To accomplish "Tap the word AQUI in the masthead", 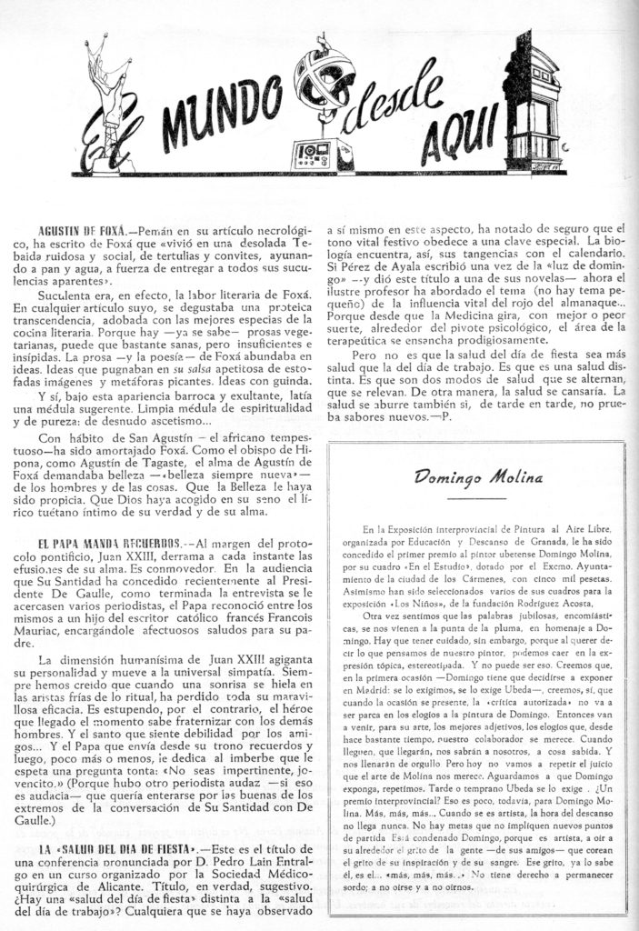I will (x=457, y=137).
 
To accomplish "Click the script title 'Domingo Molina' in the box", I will (x=471, y=476).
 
